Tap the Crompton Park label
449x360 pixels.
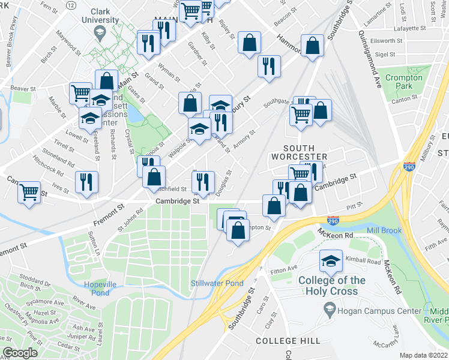[x=403, y=82]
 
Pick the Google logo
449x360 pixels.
[x=20, y=353]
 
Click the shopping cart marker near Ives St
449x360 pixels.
[x=29, y=193]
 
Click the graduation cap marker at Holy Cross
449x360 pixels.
[x=330, y=261]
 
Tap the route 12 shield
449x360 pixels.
[x=71, y=5]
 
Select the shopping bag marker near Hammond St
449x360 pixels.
[x=313, y=46]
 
